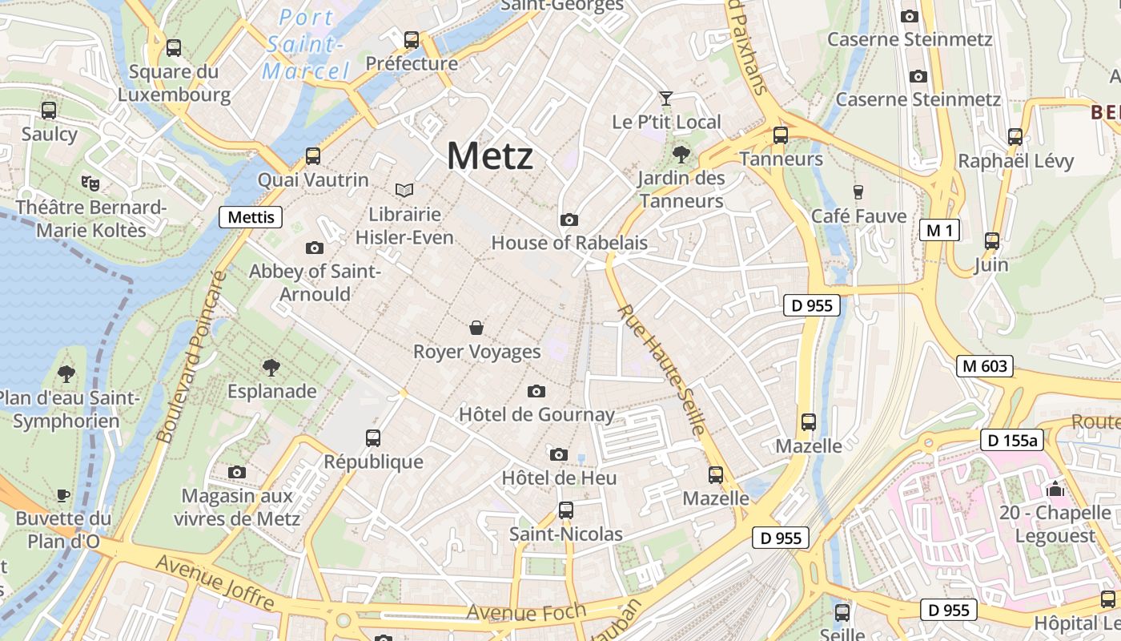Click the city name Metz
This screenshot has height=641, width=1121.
(489, 155)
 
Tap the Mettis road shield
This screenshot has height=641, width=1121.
(251, 217)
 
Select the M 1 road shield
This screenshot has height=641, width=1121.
(938, 231)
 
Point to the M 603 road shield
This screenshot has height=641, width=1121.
(984, 366)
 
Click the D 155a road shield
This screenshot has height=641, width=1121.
(1012, 440)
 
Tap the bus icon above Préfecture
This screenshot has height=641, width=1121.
(412, 39)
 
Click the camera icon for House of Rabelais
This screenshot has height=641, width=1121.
(569, 220)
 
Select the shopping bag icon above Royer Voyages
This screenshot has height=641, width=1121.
(476, 328)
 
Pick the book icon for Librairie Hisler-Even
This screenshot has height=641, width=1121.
(404, 190)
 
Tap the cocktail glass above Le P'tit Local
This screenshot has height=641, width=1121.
(665, 99)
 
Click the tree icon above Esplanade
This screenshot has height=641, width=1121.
(271, 368)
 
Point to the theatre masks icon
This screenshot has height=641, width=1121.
(90, 183)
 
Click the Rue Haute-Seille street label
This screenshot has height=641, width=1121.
(661, 369)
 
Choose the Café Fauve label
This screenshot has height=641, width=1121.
(858, 216)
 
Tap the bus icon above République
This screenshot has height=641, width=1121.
(373, 437)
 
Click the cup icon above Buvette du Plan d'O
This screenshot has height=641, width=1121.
(63, 495)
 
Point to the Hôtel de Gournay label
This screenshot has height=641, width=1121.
(536, 414)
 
